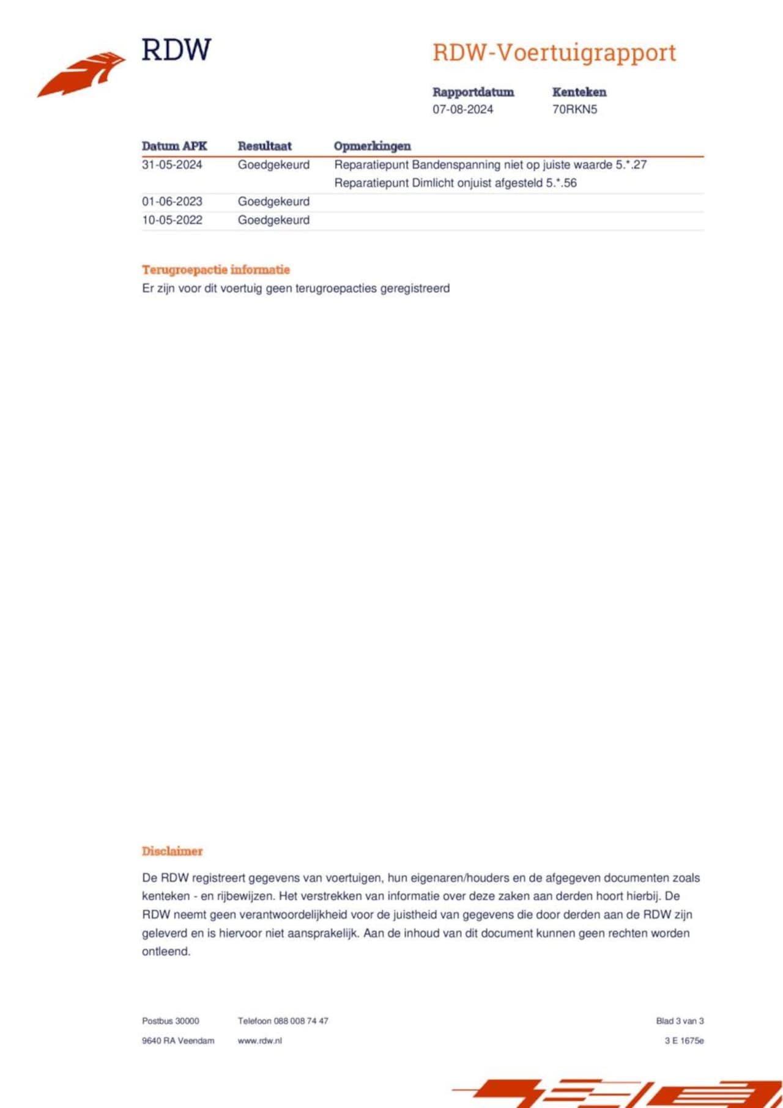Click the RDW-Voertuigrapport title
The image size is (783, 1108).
(x=554, y=53)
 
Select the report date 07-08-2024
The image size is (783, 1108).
(x=462, y=109)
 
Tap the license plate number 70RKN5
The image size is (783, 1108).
(x=574, y=109)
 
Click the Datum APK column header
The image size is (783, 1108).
(x=174, y=146)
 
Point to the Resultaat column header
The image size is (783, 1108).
(x=264, y=146)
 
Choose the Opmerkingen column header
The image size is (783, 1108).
(x=372, y=146)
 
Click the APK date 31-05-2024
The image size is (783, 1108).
(x=172, y=165)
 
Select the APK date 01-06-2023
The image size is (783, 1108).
(x=172, y=202)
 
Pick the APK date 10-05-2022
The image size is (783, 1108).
(x=172, y=220)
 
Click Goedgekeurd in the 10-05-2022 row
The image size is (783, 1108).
(x=273, y=220)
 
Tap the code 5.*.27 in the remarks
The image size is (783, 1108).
(x=631, y=165)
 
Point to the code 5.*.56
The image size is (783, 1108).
(x=561, y=183)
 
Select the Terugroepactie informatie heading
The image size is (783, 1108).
(x=216, y=270)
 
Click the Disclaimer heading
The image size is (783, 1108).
(x=172, y=851)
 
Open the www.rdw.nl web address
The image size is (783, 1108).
(x=260, y=1041)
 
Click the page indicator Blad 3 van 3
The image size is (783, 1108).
(x=680, y=1021)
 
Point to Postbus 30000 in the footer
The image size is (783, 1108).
(x=171, y=1021)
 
